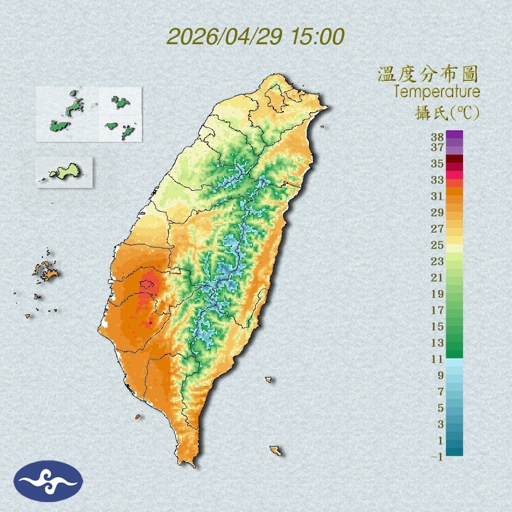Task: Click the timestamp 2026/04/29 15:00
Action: tap(255, 37)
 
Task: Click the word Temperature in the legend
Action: tap(436, 92)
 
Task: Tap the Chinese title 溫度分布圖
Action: tap(428, 74)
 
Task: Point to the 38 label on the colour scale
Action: tap(437, 137)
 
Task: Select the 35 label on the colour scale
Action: tap(437, 163)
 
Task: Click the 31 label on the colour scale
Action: tap(437, 196)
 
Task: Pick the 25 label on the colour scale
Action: tap(437, 244)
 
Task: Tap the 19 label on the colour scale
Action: tap(437, 293)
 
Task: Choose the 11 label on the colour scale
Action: tap(437, 359)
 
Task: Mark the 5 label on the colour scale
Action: tap(440, 407)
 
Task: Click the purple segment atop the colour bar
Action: tap(454, 134)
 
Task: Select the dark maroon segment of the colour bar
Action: tap(454, 159)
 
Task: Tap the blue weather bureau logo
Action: tap(48, 481)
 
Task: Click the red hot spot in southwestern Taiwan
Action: tap(148, 285)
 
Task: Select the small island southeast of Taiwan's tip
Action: tap(275, 450)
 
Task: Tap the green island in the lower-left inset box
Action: tap(65, 171)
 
